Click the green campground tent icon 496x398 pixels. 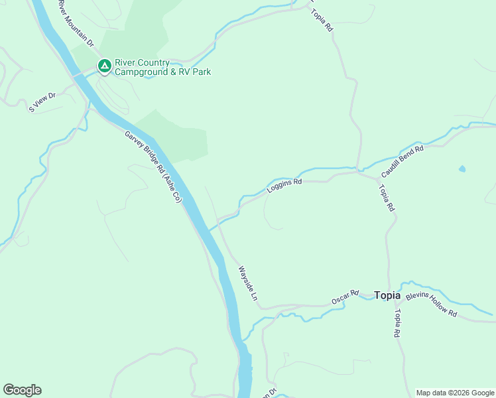tap(104, 66)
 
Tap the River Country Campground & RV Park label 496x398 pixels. tap(162, 67)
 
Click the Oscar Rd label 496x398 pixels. tap(345, 297)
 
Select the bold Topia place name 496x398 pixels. tap(387, 295)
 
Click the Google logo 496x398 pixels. tap(22, 390)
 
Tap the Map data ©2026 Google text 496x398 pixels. tap(456, 393)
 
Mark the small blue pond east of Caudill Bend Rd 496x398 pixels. tap(462, 168)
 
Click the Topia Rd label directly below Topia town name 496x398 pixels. tap(397, 324)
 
